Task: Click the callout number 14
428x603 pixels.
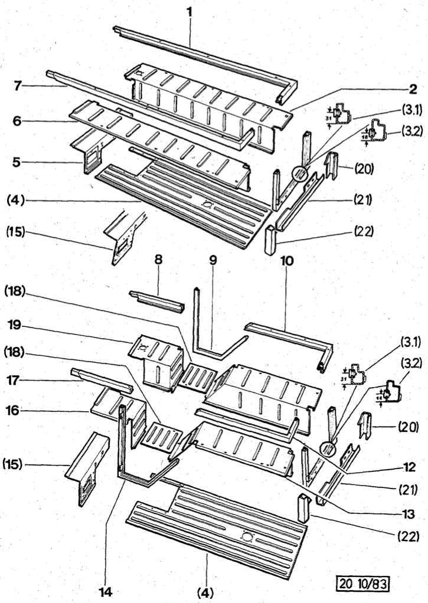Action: pyautogui.click(x=106, y=590)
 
